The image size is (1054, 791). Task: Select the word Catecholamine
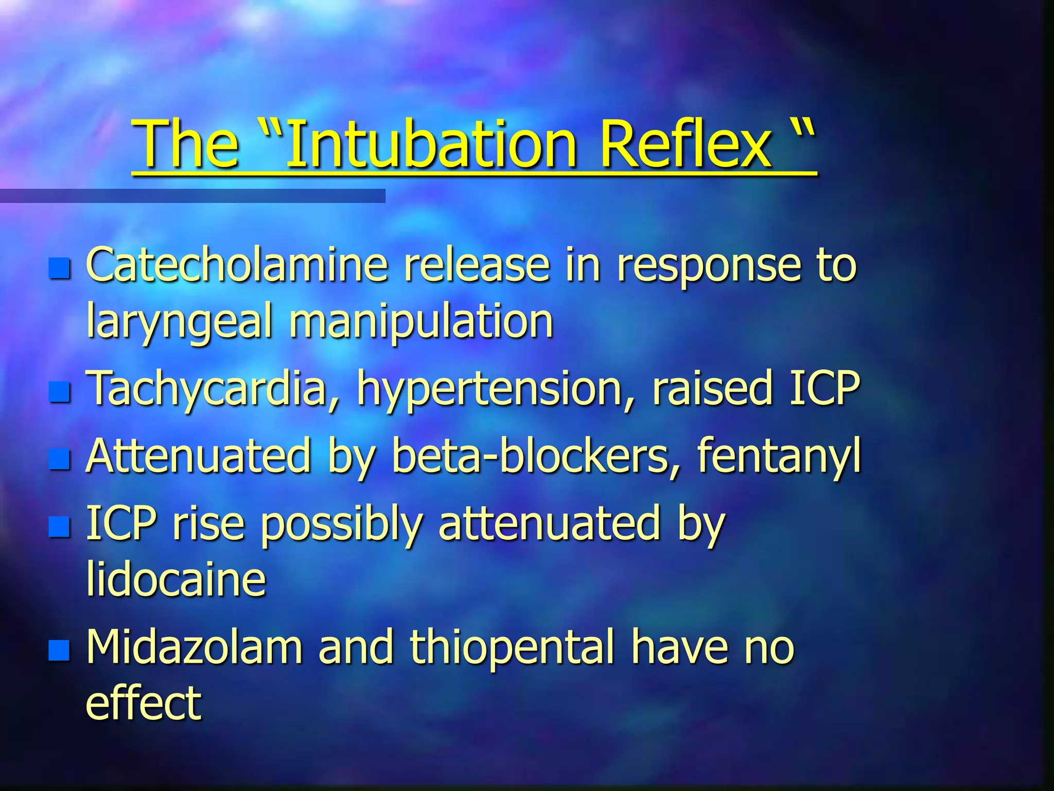[x=237, y=265]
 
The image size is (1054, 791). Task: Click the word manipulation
[x=421, y=322]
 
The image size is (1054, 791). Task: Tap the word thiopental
[x=513, y=648]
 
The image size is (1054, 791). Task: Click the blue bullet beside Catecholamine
[x=60, y=268]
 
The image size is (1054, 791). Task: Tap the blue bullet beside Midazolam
[x=60, y=650]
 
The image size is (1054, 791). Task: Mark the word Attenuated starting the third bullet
[x=199, y=456]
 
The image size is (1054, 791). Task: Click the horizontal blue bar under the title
[x=192, y=196]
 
